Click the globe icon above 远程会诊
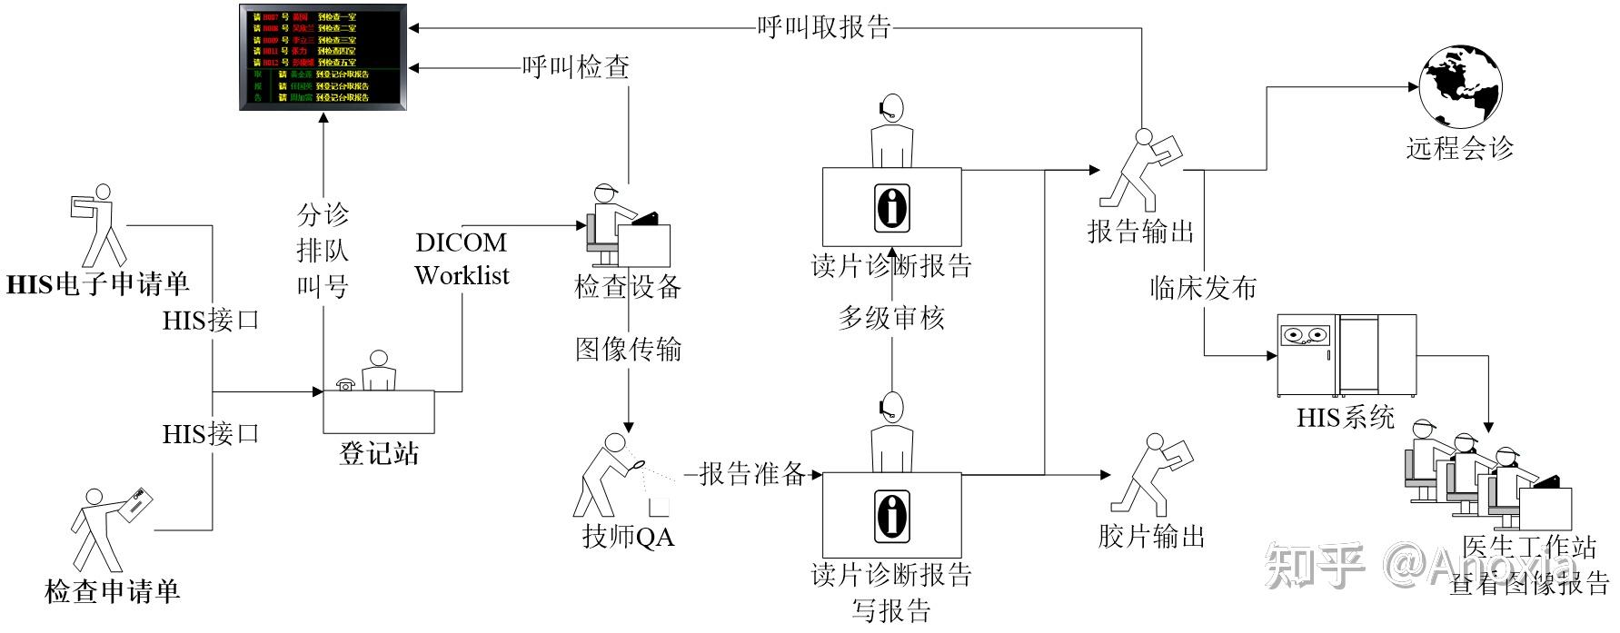[x=1460, y=87]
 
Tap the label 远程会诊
[x=1460, y=148]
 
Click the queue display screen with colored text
[x=322, y=57]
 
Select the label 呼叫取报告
[x=824, y=27]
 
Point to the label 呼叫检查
[x=575, y=67]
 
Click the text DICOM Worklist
[x=462, y=259]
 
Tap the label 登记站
[x=379, y=452]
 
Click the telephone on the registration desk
[x=344, y=384]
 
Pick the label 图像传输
[x=628, y=349]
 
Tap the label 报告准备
[x=752, y=473]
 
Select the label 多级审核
[x=890, y=318]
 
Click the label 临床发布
[x=1203, y=288]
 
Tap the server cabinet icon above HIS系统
[x=1347, y=356]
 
